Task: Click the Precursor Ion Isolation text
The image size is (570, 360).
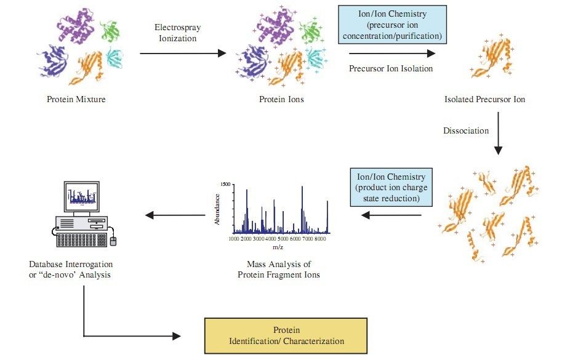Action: pyautogui.click(x=391, y=68)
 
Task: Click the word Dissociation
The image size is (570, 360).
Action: pyautogui.click(x=466, y=130)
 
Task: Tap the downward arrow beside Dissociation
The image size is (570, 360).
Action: pyautogui.click(x=499, y=139)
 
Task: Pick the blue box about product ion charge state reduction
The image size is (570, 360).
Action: pyautogui.click(x=392, y=187)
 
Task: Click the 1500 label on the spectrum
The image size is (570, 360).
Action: pyautogui.click(x=225, y=185)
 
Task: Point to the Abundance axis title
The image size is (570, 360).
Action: pyautogui.click(x=218, y=210)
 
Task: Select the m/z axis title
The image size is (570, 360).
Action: pyautogui.click(x=278, y=247)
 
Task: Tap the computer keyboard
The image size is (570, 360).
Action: pyautogui.click(x=81, y=240)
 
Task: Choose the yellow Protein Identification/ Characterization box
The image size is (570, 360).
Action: pyautogui.click(x=286, y=335)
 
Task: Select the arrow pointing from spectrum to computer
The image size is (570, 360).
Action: pyautogui.click(x=175, y=215)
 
